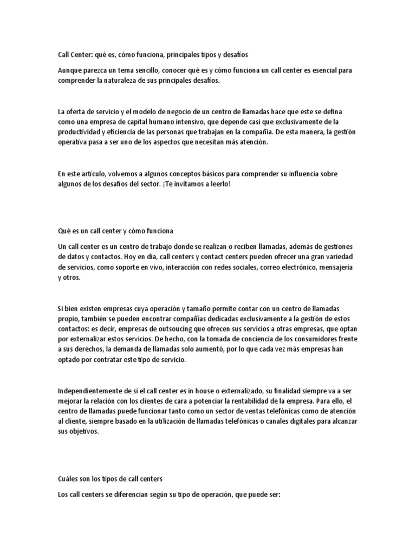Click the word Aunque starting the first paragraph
coord(71,71)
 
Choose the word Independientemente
coord(90,390)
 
